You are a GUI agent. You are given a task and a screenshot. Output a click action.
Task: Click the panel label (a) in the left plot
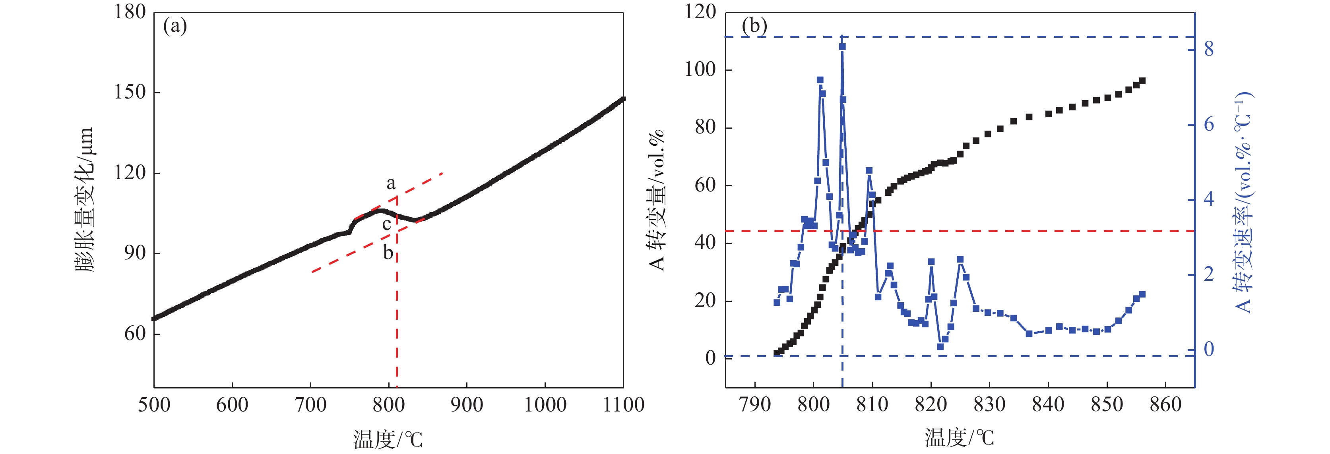coord(174,26)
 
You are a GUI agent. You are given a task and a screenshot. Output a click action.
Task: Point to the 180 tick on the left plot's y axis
coord(130,12)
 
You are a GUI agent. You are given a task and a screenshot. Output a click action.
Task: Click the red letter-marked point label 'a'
coord(391,183)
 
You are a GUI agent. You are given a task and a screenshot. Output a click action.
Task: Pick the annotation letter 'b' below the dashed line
coord(388,253)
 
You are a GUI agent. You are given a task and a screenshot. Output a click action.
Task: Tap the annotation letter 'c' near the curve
coord(386,224)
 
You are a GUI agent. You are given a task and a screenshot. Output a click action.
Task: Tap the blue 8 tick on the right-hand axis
coord(1209,50)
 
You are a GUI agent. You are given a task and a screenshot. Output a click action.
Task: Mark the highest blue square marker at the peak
coord(842,46)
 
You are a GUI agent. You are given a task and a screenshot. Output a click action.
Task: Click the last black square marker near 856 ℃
coord(1142,81)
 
